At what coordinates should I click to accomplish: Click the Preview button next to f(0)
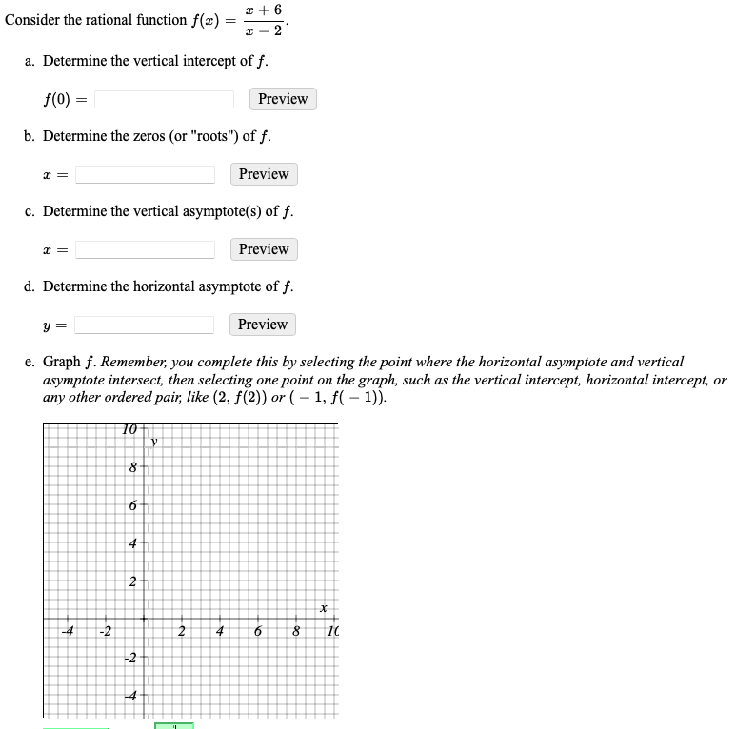pos(283,99)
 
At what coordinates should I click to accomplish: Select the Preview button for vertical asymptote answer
pos(264,249)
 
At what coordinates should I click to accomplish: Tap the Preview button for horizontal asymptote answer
pos(263,325)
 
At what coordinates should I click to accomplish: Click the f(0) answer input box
pos(164,99)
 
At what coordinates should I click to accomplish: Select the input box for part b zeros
pos(145,174)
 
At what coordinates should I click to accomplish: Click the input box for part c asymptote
pos(145,249)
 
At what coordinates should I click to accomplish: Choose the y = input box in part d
pos(144,325)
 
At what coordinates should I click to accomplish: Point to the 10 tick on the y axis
pos(130,428)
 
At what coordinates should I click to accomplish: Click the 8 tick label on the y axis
pos(134,468)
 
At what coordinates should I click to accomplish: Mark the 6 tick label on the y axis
pos(134,505)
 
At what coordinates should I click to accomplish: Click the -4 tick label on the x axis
pos(68,632)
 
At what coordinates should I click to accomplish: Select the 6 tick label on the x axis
pos(257,632)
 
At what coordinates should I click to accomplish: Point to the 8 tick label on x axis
pos(295,632)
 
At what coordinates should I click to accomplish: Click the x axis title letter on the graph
pos(324,607)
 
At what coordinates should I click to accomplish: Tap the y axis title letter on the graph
pos(152,442)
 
